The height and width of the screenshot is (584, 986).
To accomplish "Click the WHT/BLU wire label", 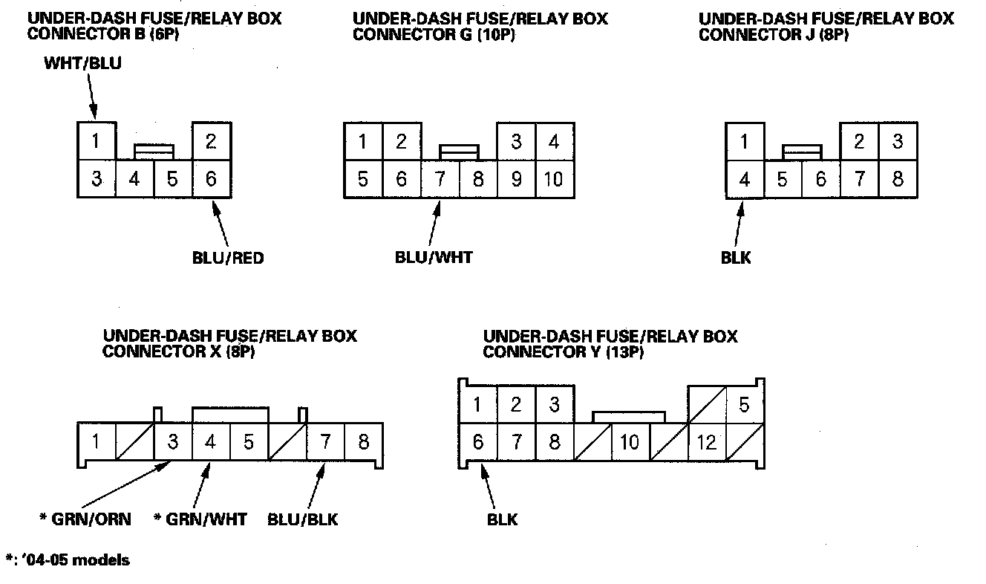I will [82, 64].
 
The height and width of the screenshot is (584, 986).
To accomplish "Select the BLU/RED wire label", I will [227, 259].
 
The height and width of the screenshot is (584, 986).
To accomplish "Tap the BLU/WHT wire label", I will [434, 258].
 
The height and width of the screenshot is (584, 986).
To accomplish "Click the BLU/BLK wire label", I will [302, 519].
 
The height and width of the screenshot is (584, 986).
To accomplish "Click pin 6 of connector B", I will [211, 179].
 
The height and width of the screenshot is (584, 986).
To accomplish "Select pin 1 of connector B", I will [97, 140].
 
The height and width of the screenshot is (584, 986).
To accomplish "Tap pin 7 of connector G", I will [440, 179].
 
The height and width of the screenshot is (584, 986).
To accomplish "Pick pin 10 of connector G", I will [554, 179].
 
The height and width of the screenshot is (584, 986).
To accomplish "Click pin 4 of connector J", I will [744, 179].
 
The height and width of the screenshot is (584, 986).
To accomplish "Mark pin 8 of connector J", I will [897, 179].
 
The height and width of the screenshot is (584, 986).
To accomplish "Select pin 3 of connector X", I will [172, 442].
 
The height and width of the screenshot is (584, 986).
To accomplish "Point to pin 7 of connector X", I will [325, 442].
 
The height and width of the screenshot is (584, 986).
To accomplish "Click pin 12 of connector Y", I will [707, 443].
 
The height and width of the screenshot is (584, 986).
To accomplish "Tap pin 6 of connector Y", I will [478, 443].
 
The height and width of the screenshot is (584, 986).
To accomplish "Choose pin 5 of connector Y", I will [745, 405].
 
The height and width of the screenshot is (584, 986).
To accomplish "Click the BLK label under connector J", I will [736, 258].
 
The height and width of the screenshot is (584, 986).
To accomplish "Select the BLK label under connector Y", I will [503, 519].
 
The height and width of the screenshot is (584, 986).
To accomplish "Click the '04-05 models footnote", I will [67, 559].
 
